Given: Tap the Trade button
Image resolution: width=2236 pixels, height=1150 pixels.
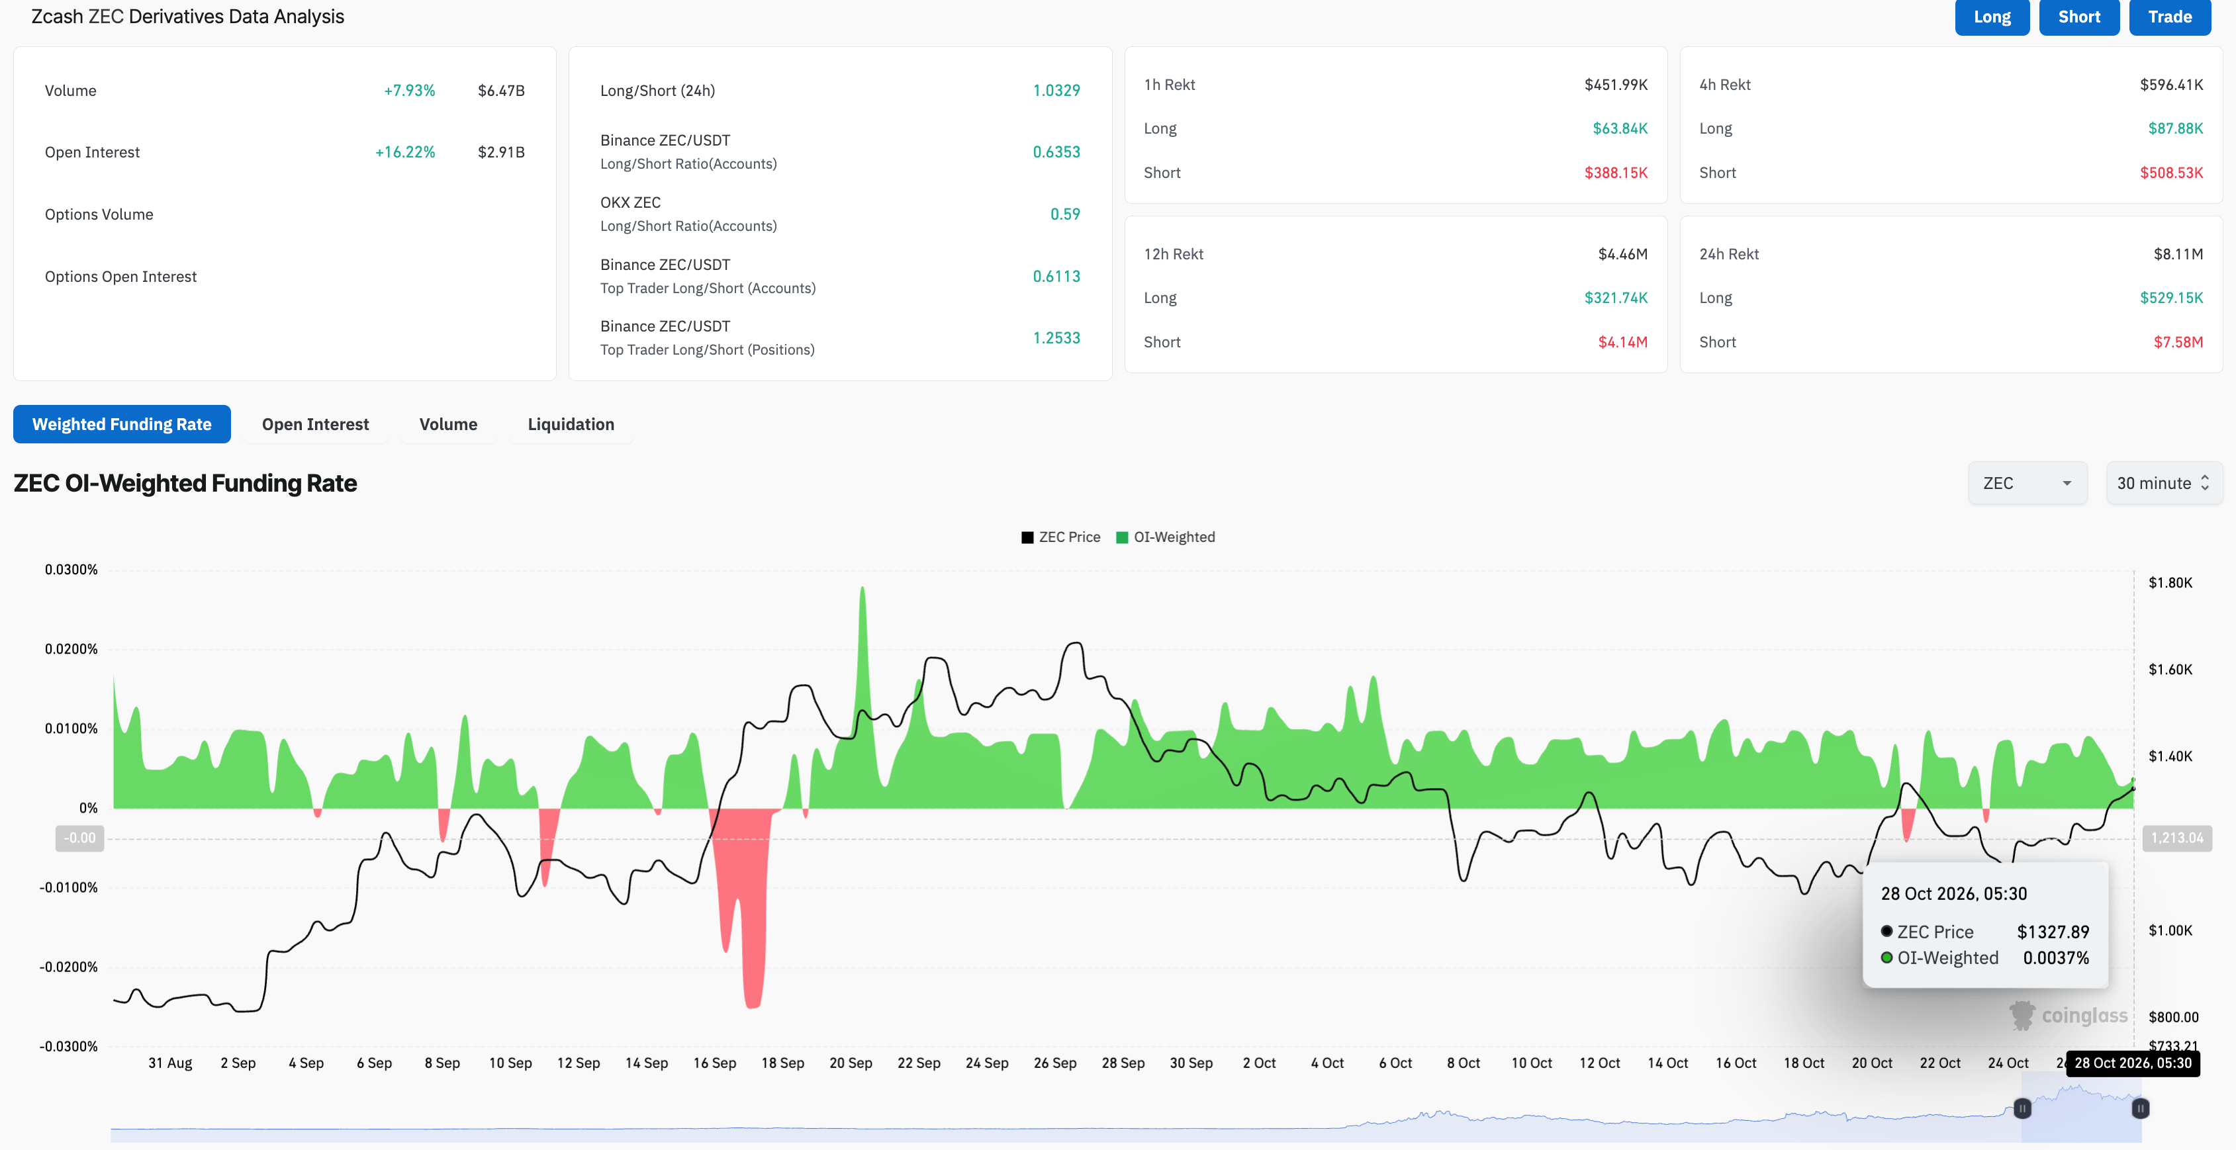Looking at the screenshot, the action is point(2169,17).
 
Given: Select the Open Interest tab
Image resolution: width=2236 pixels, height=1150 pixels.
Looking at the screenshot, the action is point(315,424).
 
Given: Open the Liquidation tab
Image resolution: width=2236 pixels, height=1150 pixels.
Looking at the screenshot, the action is point(571,424).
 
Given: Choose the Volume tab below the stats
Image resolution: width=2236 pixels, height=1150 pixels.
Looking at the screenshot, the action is point(448,424).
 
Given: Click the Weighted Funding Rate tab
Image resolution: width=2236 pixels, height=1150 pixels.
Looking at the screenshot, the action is point(122,424).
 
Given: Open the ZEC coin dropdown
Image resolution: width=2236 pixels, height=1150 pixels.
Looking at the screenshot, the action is point(2027,484).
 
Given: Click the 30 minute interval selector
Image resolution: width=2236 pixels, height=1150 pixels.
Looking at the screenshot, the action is point(2163,484).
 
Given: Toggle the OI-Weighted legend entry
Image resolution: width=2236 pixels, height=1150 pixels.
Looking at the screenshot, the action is point(1165,537).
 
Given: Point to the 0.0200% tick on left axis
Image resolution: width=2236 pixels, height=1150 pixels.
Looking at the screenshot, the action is point(71,649).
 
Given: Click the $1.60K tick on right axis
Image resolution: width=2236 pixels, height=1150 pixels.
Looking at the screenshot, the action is point(2170,669).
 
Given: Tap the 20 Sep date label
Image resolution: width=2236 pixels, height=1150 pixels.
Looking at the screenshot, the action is point(851,1063).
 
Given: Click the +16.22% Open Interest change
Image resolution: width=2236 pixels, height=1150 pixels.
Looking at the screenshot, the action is point(404,152).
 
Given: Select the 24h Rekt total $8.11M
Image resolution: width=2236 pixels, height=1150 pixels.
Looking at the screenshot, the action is point(2178,254).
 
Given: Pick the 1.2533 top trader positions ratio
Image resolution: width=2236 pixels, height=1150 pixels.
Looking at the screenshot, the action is point(1056,337).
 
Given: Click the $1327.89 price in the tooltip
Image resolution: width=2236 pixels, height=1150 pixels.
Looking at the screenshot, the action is point(2053,932).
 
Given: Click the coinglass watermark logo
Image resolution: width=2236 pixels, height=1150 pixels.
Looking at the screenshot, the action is point(2068,1016).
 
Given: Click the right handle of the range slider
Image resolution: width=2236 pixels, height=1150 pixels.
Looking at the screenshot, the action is point(2141,1108).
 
